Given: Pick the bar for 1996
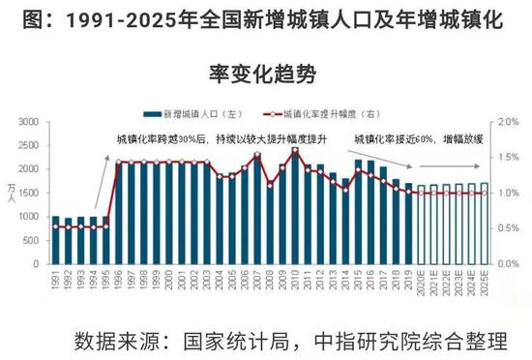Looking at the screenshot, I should tap(119, 213).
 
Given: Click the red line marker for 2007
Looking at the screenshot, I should tap(257, 155).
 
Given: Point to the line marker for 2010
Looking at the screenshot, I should tap(295, 149).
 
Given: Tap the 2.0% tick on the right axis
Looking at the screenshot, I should tap(505, 122).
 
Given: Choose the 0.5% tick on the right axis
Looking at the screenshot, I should tap(505, 228).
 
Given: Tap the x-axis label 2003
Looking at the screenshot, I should tap(207, 280).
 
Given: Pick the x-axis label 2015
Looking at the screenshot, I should tap(358, 280).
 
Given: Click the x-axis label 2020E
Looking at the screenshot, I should tap(421, 282).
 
